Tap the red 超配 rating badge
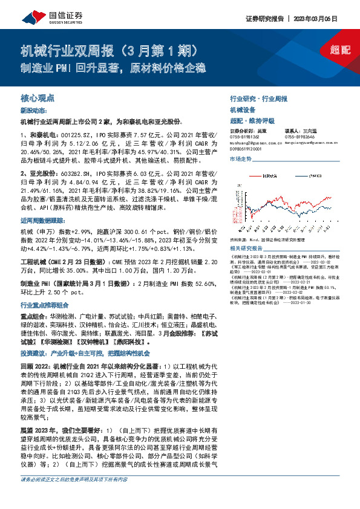[x=339, y=50]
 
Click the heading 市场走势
[x=240, y=158]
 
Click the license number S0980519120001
[x=247, y=148]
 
